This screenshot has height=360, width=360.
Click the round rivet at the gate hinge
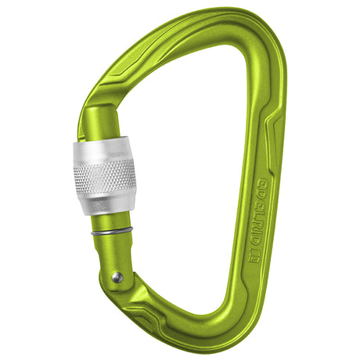(117, 276)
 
